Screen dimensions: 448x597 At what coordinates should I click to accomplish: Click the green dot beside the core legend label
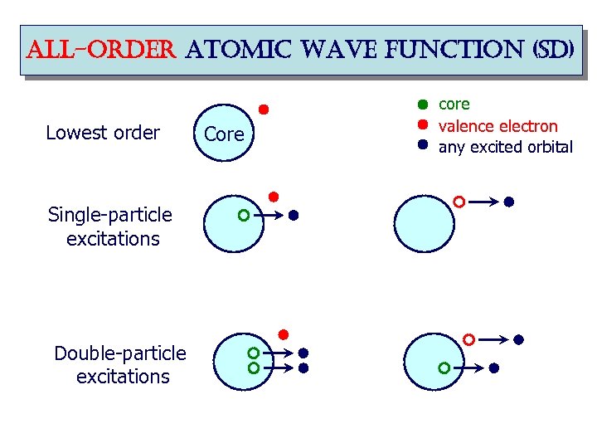[421, 105]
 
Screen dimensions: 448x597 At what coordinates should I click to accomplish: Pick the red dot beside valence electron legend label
[421, 125]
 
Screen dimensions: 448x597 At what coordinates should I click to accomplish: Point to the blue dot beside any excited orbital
[421, 144]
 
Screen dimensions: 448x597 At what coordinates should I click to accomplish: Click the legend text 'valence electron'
[498, 126]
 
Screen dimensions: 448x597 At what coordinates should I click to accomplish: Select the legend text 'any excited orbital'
[505, 148]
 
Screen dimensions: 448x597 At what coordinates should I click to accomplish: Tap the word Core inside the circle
[224, 134]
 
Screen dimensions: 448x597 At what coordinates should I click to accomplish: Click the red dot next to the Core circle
[263, 109]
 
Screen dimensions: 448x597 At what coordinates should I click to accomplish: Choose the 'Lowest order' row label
[103, 133]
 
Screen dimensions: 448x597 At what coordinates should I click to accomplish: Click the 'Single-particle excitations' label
[111, 226]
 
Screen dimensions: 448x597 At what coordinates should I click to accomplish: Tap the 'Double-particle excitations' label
[120, 365]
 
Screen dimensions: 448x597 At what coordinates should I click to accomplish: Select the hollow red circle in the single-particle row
[459, 202]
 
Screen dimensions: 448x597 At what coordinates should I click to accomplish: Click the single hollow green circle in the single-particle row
[243, 216]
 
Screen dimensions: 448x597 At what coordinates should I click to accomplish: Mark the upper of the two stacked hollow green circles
[254, 353]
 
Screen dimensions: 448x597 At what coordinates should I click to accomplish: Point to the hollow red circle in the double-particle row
[469, 339]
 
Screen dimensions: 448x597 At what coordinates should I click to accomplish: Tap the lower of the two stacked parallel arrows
[279, 367]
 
